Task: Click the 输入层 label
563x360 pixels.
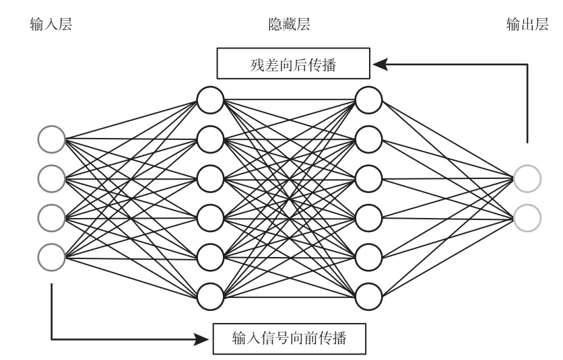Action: click(x=52, y=26)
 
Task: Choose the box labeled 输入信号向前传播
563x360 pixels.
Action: click(x=290, y=338)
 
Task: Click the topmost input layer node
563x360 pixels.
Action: click(x=51, y=140)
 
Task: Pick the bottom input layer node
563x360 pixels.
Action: click(x=51, y=256)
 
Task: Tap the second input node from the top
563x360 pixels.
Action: click(x=51, y=178)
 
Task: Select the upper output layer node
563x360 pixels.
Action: click(x=527, y=178)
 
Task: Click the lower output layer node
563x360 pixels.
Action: click(x=527, y=217)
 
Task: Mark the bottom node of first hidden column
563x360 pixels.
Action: click(x=210, y=294)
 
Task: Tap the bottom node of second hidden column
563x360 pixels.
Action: click(x=368, y=294)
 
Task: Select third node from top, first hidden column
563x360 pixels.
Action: click(x=210, y=178)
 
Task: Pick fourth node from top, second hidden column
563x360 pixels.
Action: click(x=368, y=217)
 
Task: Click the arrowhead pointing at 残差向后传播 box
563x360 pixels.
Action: click(x=379, y=65)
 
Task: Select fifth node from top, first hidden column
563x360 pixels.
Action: click(x=210, y=256)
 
